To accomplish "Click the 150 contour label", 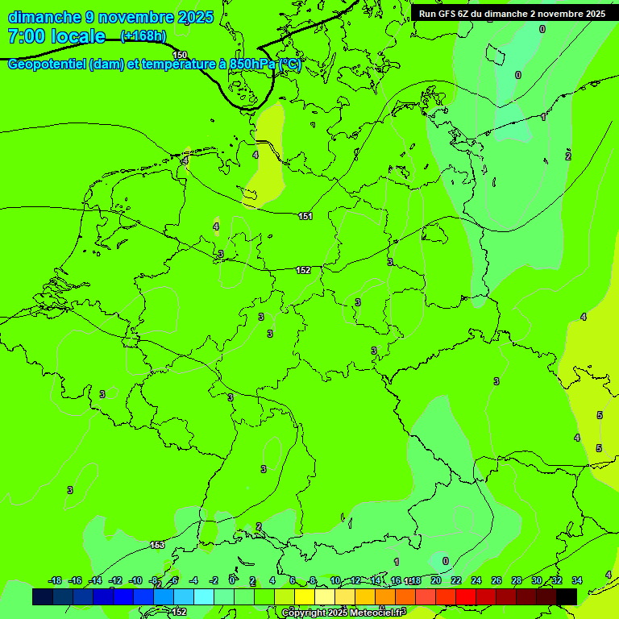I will (x=180, y=55).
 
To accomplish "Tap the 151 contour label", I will (x=305, y=216).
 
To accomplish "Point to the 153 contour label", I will (x=157, y=546).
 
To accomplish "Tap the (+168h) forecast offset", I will (x=143, y=35).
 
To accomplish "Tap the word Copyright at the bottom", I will (x=305, y=613).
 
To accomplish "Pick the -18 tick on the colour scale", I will (x=55, y=580).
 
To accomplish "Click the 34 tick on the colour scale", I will (x=577, y=580).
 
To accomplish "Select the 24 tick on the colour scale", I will (x=476, y=580).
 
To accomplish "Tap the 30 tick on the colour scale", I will (x=537, y=580).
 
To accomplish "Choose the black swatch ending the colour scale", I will (x=567, y=596).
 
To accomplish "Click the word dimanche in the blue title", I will (x=44, y=17).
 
